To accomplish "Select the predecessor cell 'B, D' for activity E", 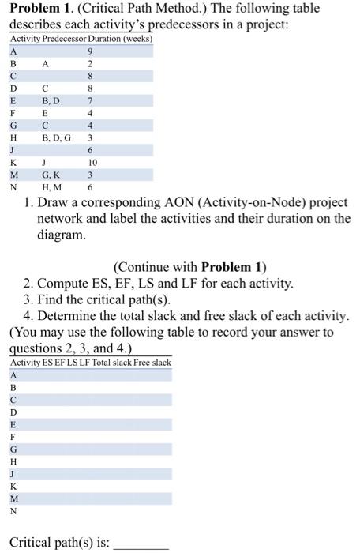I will tap(51, 100).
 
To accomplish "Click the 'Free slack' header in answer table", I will tap(151, 363).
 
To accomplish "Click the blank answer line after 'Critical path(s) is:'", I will tap(142, 545).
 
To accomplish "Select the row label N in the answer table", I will tap(13, 510).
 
